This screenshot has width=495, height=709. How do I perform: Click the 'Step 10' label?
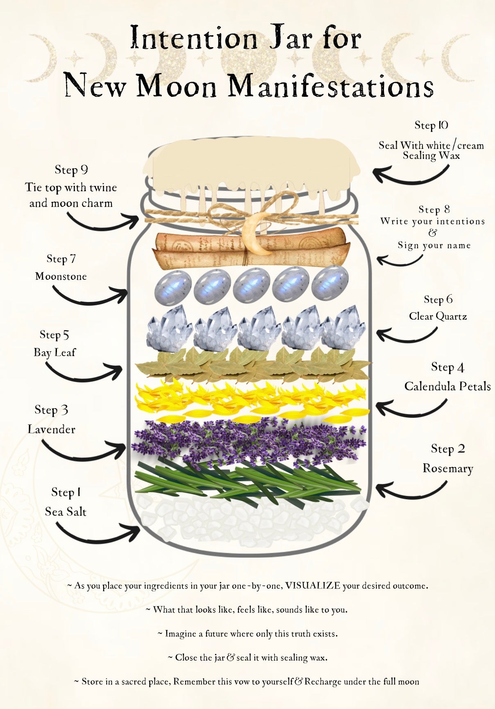coord(431,125)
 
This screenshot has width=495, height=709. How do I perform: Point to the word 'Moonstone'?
coord(61,276)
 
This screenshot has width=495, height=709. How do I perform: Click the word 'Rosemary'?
coord(448,469)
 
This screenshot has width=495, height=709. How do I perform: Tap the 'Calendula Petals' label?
coord(447,387)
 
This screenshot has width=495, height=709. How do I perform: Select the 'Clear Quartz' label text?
coord(438,316)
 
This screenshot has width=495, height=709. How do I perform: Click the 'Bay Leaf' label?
coord(54,352)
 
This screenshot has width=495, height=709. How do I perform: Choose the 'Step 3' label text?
coord(52,410)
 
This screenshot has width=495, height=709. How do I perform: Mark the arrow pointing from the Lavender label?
coord(84,452)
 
